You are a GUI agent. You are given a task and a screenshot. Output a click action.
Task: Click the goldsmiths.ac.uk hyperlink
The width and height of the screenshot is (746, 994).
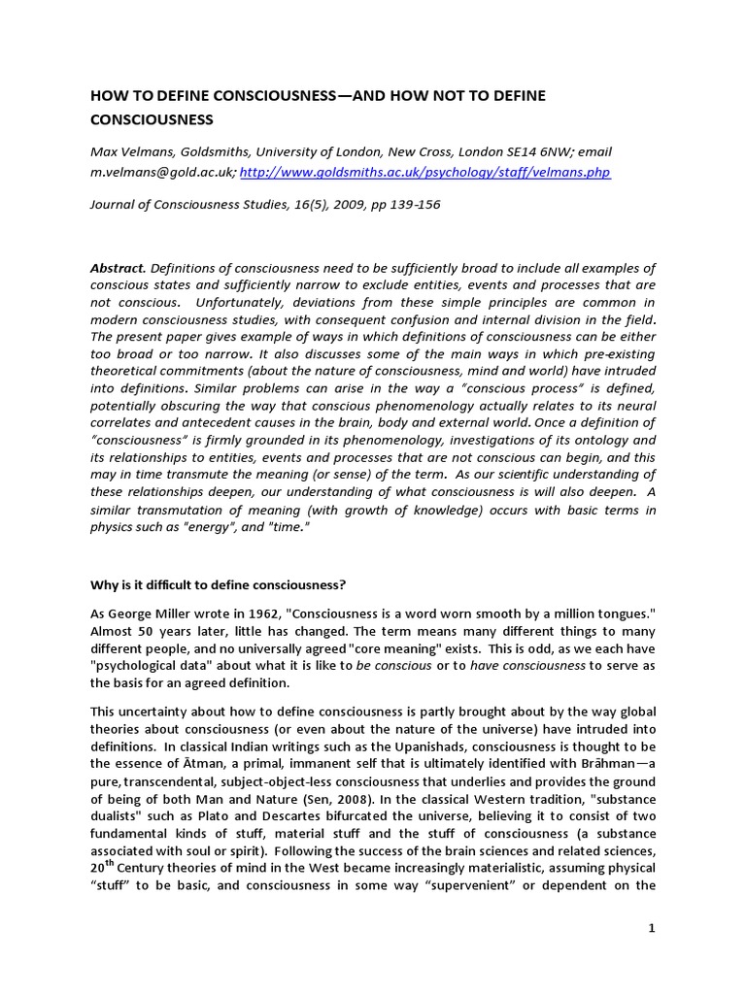click(425, 172)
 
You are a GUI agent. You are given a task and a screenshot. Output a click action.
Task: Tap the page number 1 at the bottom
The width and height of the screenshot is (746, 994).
click(653, 928)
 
